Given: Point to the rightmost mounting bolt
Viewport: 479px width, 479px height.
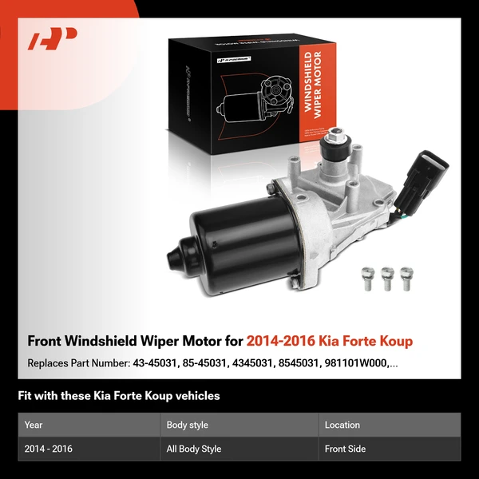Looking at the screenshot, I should click(407, 276).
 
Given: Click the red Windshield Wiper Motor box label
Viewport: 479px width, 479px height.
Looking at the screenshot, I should click(315, 88).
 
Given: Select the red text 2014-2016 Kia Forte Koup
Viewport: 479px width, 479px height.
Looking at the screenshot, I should click(330, 341).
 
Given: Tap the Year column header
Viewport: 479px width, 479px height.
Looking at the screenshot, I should click(34, 425).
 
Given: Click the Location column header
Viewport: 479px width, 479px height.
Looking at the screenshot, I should click(342, 425).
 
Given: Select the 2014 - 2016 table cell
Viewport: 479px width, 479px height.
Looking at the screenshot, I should click(48, 449).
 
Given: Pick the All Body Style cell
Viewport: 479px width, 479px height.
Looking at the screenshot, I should click(193, 449).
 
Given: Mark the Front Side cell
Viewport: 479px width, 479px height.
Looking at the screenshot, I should click(345, 449).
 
